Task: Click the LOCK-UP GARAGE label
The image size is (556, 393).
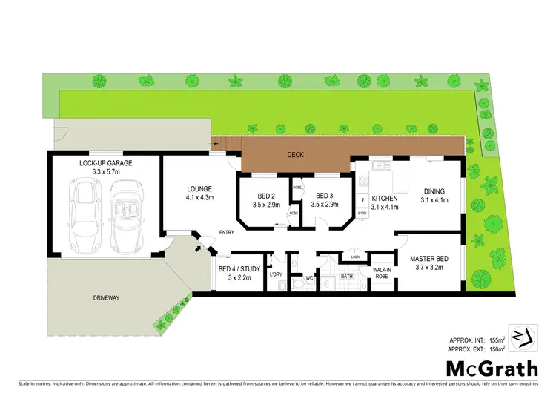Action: [105, 162]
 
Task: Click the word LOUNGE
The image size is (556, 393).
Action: [199, 188]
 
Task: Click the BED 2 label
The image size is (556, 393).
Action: [264, 196]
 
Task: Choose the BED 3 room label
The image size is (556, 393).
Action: [326, 196]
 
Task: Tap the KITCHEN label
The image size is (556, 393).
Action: [385, 199]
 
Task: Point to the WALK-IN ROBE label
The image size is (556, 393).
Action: [382, 273]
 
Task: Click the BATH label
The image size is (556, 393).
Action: [347, 276]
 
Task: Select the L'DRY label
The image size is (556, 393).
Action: [276, 275]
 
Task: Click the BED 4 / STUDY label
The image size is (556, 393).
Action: [236, 269]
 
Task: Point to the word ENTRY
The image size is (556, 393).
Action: [227, 233]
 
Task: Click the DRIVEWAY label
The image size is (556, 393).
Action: [107, 297]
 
